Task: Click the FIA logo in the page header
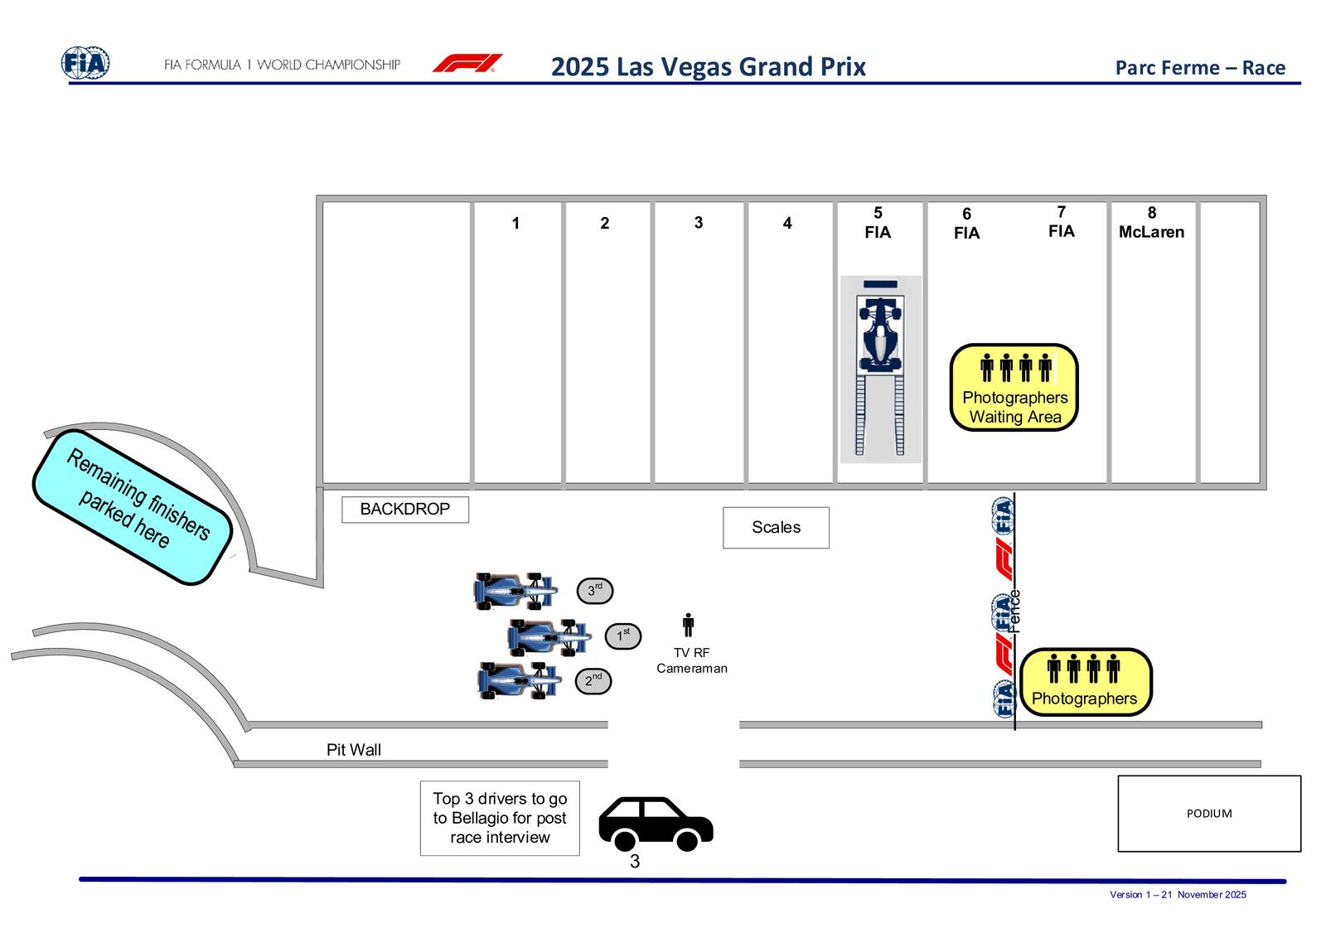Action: click(x=85, y=64)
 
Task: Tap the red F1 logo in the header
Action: click(x=467, y=64)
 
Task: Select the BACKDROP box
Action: click(x=405, y=510)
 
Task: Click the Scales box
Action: click(x=776, y=528)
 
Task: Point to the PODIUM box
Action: click(x=1209, y=814)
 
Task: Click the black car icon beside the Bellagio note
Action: click(x=656, y=824)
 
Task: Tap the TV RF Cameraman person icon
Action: click(x=688, y=626)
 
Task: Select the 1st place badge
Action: click(x=622, y=636)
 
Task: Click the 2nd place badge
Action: click(x=593, y=681)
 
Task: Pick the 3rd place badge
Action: click(x=595, y=591)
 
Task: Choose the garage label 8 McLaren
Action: click(x=1151, y=223)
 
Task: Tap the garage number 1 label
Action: click(x=515, y=224)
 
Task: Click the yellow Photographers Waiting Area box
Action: click(x=1014, y=388)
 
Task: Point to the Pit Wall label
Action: click(x=354, y=750)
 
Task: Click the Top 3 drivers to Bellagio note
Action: click(x=500, y=818)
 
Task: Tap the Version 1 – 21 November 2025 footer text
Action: click(x=1178, y=895)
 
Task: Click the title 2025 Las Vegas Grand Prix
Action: click(x=708, y=66)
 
